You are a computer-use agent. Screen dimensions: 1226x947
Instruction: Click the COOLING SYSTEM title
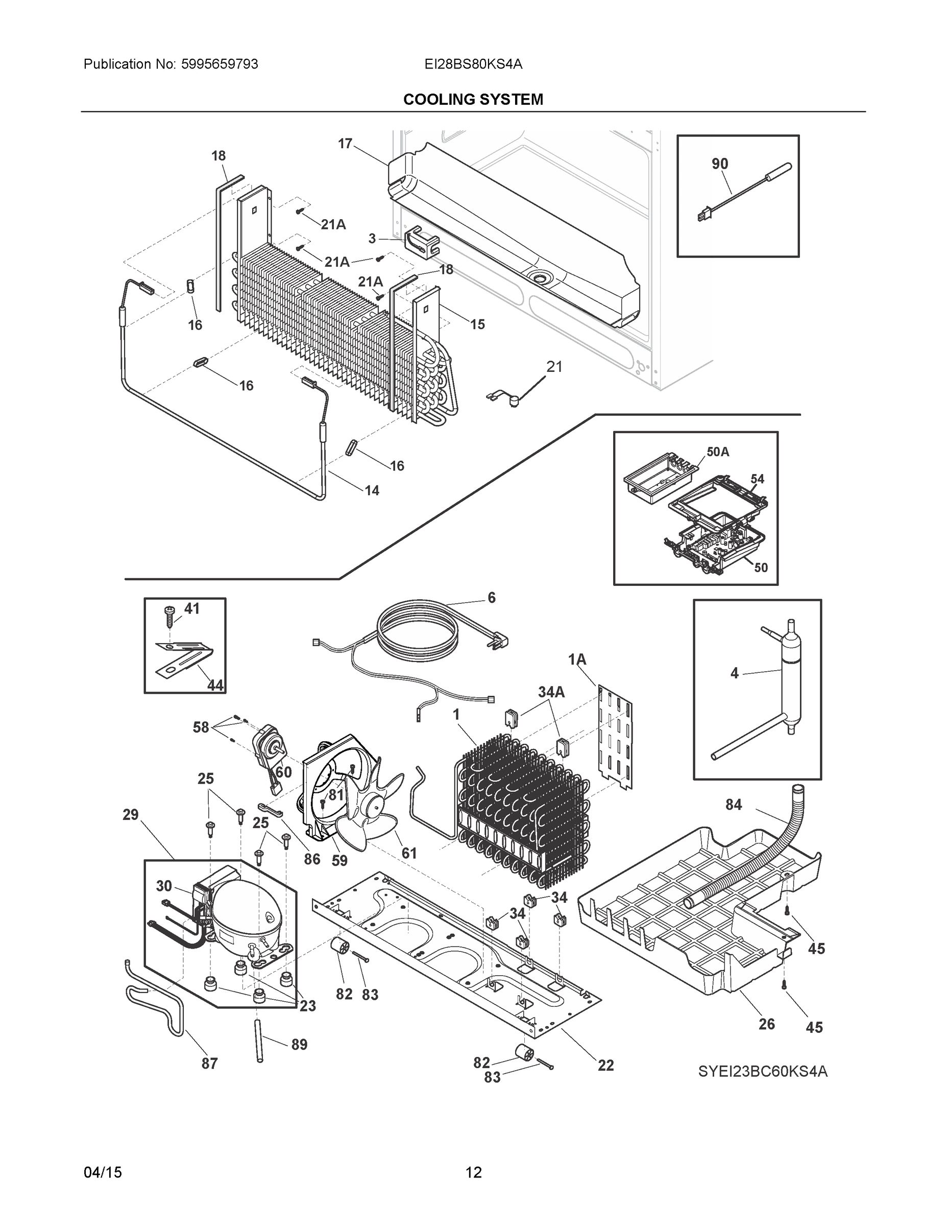click(x=473, y=100)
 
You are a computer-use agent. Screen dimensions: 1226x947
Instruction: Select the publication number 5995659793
click(x=220, y=64)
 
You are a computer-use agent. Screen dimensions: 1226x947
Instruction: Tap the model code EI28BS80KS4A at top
click(x=473, y=64)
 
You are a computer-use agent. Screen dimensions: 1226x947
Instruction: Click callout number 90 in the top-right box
click(x=720, y=163)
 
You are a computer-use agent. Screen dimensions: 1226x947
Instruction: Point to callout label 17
click(x=345, y=144)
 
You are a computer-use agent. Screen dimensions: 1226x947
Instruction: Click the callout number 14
click(x=372, y=490)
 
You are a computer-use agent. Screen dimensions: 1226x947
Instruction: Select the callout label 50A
click(x=718, y=452)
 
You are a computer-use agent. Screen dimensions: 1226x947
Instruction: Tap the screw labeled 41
click(x=168, y=617)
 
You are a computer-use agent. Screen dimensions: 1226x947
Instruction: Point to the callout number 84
click(x=733, y=805)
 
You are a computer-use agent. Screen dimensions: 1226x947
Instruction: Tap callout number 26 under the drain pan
click(x=766, y=1024)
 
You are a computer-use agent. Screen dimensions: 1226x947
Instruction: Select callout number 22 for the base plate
click(x=605, y=1065)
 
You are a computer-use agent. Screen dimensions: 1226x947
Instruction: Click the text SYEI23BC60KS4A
click(x=762, y=1072)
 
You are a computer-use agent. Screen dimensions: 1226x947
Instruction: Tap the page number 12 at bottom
click(x=474, y=1173)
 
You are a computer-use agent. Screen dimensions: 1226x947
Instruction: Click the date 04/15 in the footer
click(x=103, y=1173)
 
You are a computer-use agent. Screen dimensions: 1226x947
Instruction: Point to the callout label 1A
click(x=577, y=659)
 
